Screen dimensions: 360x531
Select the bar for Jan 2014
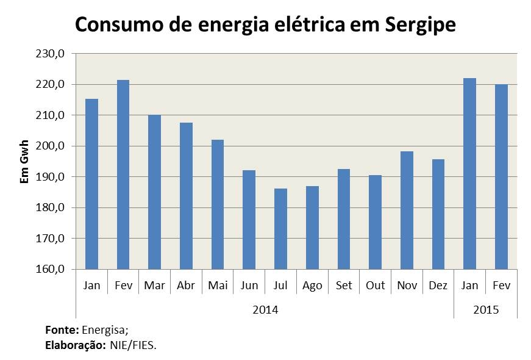pyautogui.click(x=91, y=184)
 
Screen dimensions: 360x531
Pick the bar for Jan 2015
pyautogui.click(x=469, y=174)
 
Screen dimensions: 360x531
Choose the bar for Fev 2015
pyautogui.click(x=501, y=177)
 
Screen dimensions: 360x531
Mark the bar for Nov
pyautogui.click(x=407, y=211)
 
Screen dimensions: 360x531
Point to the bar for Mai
pyautogui.click(x=218, y=204)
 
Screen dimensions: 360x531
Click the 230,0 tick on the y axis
pyautogui.click(x=51, y=54)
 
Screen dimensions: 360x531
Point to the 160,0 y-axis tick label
pyautogui.click(x=51, y=269)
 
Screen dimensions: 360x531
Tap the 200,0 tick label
pyautogui.click(x=51, y=146)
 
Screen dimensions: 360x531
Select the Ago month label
pyautogui.click(x=312, y=286)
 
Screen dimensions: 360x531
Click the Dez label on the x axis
pyautogui.click(x=438, y=286)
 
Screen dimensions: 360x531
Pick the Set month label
pyautogui.click(x=344, y=286)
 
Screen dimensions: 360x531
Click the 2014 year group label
pyautogui.click(x=265, y=310)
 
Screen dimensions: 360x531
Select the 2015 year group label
pyautogui.click(x=485, y=310)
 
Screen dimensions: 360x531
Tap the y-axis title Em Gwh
pyautogui.click(x=25, y=162)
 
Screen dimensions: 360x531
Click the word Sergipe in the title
pyautogui.click(x=421, y=26)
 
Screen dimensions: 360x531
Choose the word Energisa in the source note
pyautogui.click(x=104, y=329)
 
